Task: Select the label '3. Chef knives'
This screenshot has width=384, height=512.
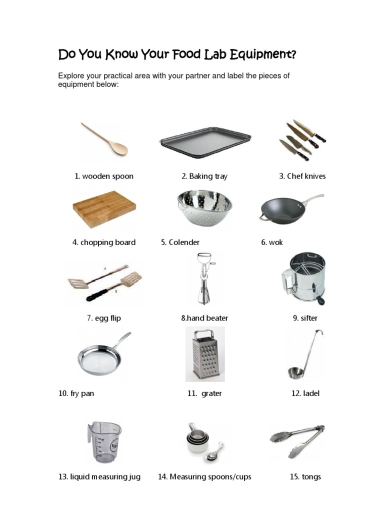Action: pos(302,176)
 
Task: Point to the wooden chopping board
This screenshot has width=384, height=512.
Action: pos(103,209)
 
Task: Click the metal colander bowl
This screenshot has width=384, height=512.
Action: pos(204,208)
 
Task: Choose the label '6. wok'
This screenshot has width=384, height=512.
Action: pos(272,242)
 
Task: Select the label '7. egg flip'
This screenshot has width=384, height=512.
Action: pos(104,318)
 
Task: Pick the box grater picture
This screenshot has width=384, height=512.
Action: pos(205,353)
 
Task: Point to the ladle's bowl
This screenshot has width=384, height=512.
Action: pos(295,373)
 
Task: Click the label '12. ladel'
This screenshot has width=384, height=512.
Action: pos(305,393)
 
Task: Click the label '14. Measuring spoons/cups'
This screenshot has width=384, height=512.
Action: pos(204,477)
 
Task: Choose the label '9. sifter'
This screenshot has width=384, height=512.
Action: pos(305,318)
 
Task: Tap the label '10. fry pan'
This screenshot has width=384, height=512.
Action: pos(76,393)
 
